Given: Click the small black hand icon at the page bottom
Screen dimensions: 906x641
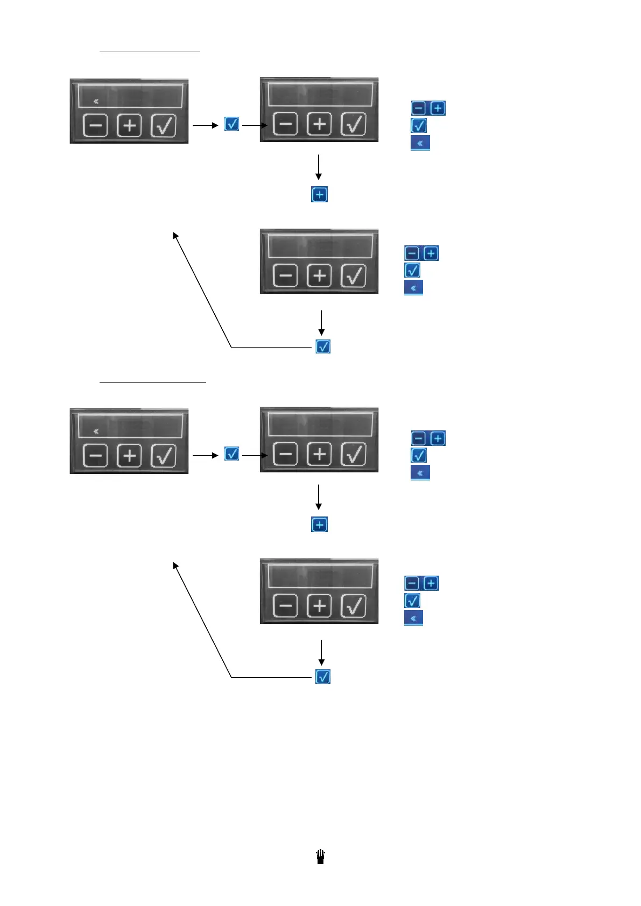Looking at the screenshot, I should click(x=320, y=857).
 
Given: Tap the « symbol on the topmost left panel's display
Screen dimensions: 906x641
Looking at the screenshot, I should click(x=96, y=101).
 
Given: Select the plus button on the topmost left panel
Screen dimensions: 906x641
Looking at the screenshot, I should click(x=129, y=126).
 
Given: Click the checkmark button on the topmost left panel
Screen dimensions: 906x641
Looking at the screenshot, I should click(x=164, y=126).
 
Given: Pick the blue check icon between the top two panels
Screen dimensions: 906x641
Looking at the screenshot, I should click(x=231, y=124).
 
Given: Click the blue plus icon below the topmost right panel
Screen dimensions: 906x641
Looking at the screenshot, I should click(x=319, y=194).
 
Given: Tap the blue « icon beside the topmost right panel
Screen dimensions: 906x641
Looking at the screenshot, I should click(x=420, y=143).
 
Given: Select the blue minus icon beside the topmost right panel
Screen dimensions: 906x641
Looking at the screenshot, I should click(x=418, y=108).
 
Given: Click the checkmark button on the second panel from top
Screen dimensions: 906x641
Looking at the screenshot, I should click(x=354, y=276).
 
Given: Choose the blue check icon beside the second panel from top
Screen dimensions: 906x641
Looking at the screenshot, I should click(x=412, y=270).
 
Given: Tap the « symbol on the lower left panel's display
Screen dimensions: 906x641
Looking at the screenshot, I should click(x=96, y=431).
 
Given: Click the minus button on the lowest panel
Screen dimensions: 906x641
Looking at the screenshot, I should click(x=285, y=606).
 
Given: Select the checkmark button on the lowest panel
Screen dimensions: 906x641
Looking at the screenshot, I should click(x=354, y=606).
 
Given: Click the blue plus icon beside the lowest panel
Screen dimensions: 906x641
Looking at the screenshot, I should click(x=431, y=583).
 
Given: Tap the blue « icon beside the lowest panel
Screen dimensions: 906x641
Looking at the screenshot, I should click(x=413, y=618).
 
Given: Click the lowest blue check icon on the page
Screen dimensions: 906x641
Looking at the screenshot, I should click(x=323, y=677).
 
